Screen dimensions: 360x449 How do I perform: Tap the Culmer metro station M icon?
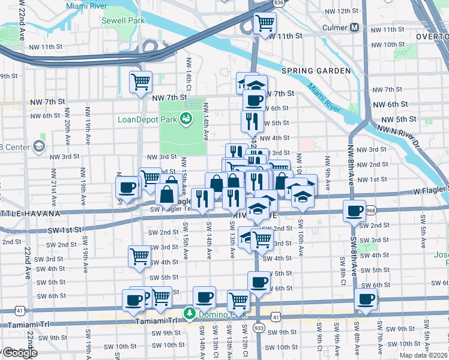[x=355, y=28]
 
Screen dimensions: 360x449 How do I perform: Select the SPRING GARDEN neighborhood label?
[x=316, y=71]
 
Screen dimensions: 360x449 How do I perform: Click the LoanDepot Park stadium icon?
[x=187, y=119]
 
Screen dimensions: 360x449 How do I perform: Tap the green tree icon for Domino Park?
[x=190, y=313]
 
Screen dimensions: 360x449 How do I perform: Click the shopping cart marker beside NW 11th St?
[x=264, y=23]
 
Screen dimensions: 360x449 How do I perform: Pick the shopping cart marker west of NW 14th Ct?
[x=140, y=82]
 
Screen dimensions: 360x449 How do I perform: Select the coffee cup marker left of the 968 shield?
[x=354, y=211]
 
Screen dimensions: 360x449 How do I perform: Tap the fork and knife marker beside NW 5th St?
[x=252, y=121]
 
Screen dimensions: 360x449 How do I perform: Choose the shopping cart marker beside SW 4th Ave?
[x=139, y=256]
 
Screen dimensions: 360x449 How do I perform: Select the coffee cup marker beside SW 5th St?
[x=259, y=281]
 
